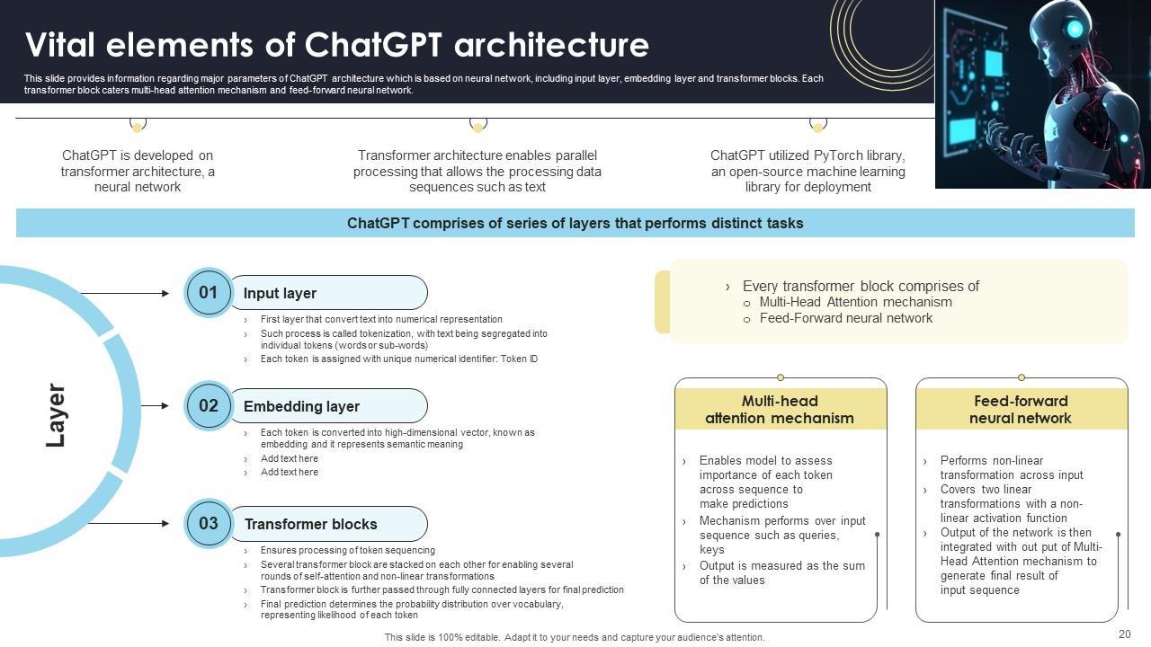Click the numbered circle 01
pyautogui.click(x=209, y=293)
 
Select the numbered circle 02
pyautogui.click(x=209, y=406)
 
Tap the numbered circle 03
pyautogui.click(x=209, y=524)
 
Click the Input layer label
pyautogui.click(x=280, y=294)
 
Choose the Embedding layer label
pyautogui.click(x=301, y=407)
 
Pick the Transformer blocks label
pyautogui.click(x=310, y=525)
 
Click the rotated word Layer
pyautogui.click(x=56, y=415)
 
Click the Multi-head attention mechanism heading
pyautogui.click(x=780, y=410)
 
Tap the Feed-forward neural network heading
pyautogui.click(x=1021, y=410)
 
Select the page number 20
pyautogui.click(x=1124, y=634)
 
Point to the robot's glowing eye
pyautogui.click(x=1074, y=30)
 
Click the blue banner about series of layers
pyautogui.click(x=575, y=223)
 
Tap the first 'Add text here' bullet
pyautogui.click(x=289, y=458)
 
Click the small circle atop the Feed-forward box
pyautogui.click(x=1022, y=377)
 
